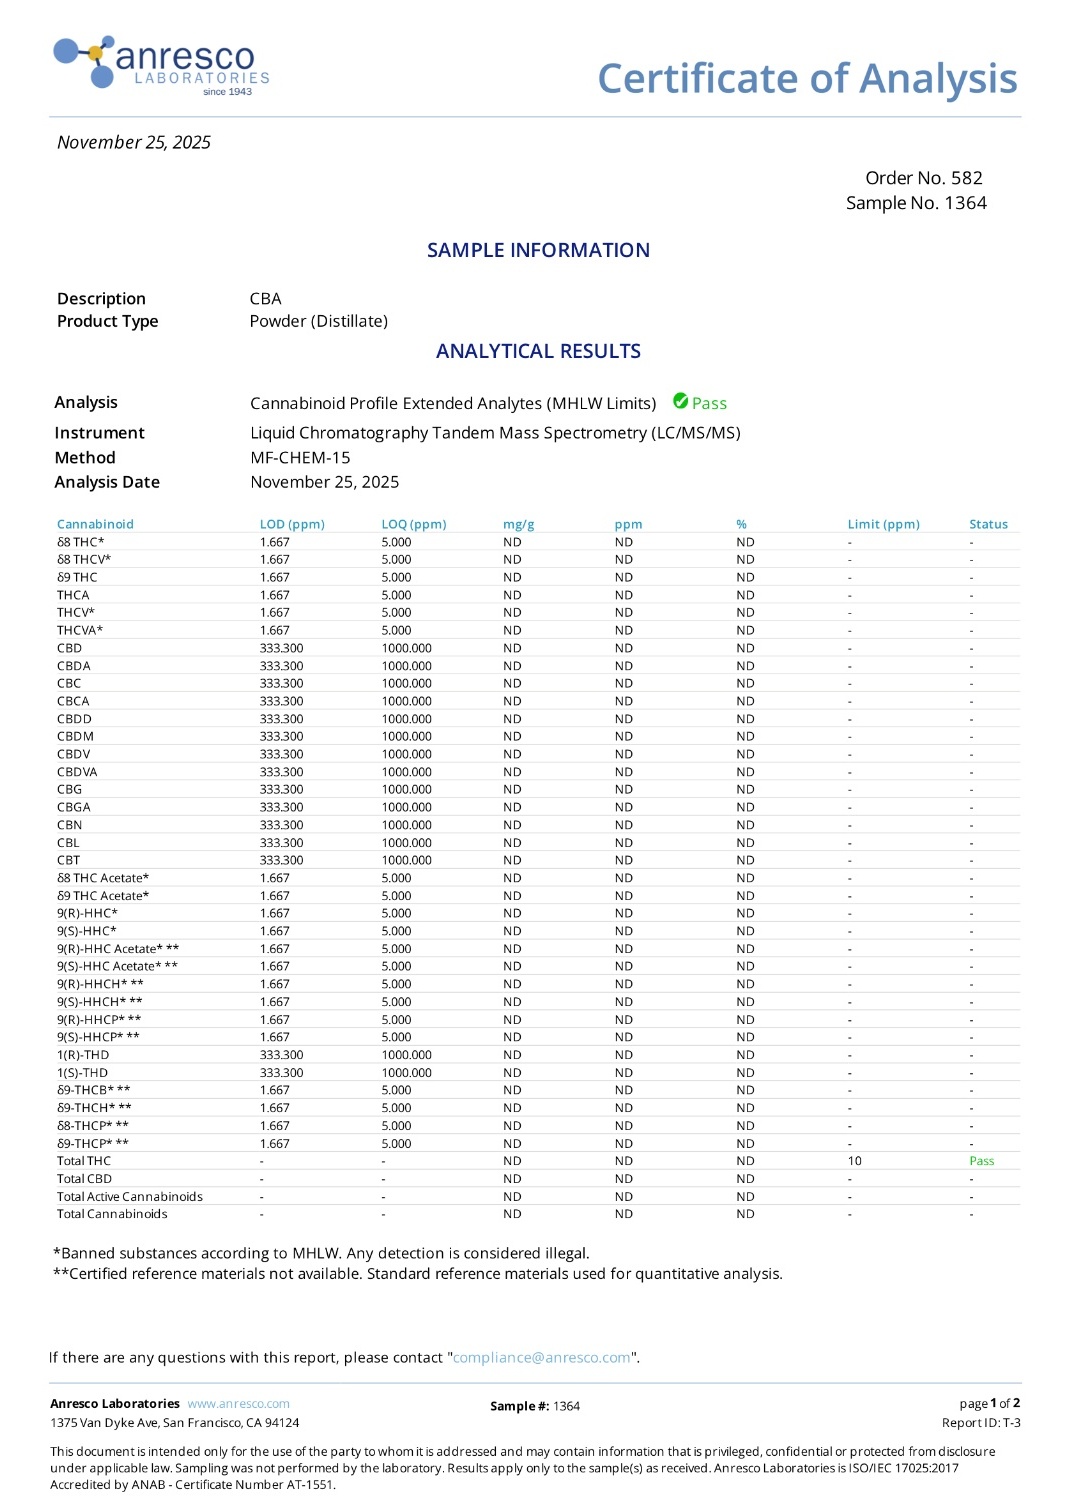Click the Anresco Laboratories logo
(x=161, y=66)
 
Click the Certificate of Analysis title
(x=807, y=78)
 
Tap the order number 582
(x=966, y=178)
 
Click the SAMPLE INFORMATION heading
(x=538, y=250)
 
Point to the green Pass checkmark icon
(x=681, y=401)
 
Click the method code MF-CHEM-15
(x=300, y=458)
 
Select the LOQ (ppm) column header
(x=413, y=524)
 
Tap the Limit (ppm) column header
(x=883, y=524)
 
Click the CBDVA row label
(x=77, y=772)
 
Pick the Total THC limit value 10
(x=854, y=1161)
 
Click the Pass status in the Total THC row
(x=981, y=1161)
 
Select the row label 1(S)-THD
(x=82, y=1073)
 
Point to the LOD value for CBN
(x=281, y=825)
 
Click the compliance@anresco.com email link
(x=541, y=1358)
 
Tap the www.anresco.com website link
(x=238, y=1404)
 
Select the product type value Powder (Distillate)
(x=318, y=321)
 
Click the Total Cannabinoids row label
(x=112, y=1214)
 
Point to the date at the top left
(x=134, y=142)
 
